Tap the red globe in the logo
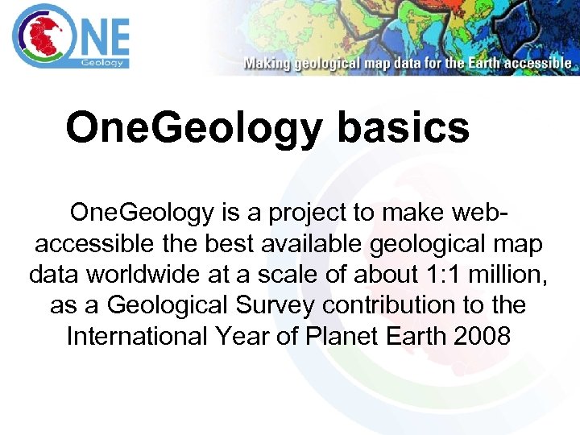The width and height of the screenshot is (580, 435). click(x=39, y=35)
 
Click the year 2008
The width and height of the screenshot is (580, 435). click(x=483, y=335)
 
